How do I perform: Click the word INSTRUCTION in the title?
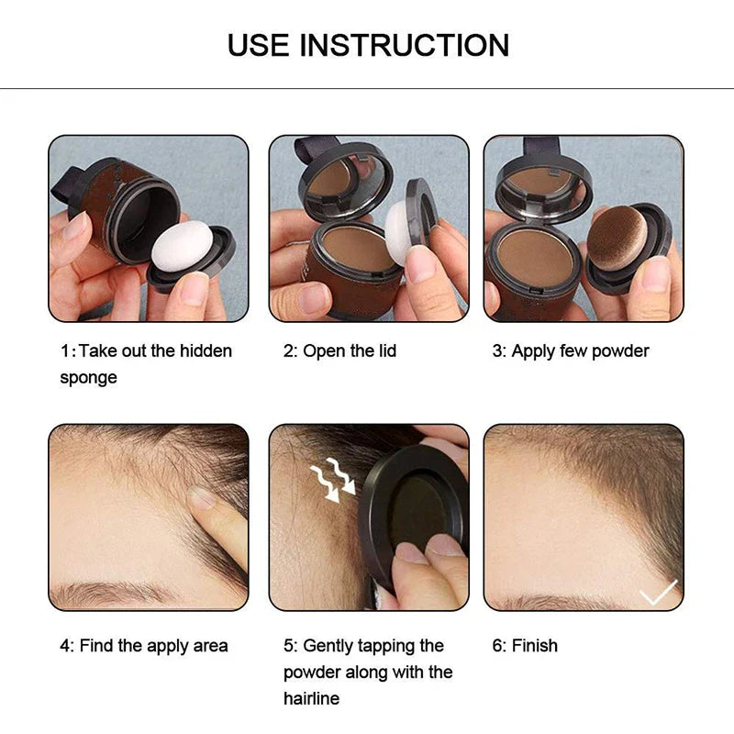pos(405,44)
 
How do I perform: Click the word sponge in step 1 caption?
pos(88,378)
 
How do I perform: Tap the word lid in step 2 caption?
pos(384,351)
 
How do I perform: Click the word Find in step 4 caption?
pos(97,646)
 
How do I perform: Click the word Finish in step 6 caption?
pos(534,646)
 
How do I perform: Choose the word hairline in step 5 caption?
pos(311,698)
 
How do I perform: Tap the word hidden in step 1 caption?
pos(204,351)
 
